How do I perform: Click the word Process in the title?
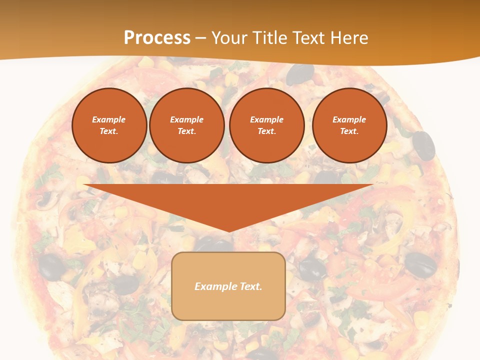coord(157,38)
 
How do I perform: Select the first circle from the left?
coord(109,125)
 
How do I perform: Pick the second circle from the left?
coord(186,125)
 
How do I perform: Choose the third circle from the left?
coord(266,125)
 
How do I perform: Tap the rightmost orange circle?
coord(349,125)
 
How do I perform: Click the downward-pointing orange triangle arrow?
coord(228,200)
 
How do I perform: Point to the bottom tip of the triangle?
coord(228,231)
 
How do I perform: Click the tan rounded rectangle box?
coord(228,286)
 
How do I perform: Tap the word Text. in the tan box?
coord(250,286)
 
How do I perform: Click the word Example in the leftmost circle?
coord(109,119)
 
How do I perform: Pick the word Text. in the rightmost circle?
coord(349,131)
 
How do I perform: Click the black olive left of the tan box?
coord(52,265)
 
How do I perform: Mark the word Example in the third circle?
coord(266,119)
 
